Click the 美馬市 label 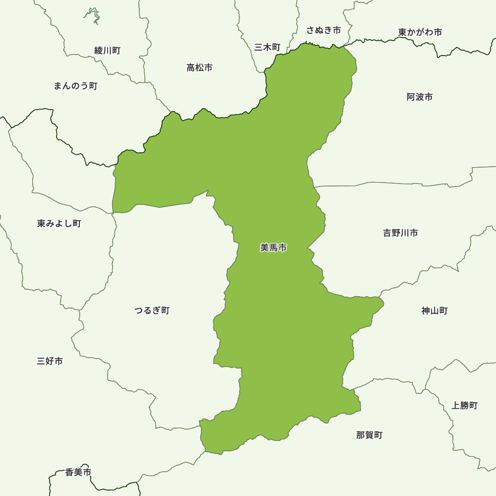(x=273, y=248)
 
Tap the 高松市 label (x=199, y=67)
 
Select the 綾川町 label (x=107, y=50)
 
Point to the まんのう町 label (x=75, y=86)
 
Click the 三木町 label (x=267, y=47)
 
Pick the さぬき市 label (x=323, y=30)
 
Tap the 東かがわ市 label (x=420, y=32)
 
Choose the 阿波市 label (x=420, y=97)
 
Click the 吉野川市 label (x=400, y=233)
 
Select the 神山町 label (x=434, y=310)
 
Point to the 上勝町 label (x=465, y=405)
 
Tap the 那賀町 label (x=370, y=435)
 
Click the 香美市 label (x=78, y=473)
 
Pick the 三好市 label (x=50, y=361)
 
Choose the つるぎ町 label (x=152, y=310)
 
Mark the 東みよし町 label (x=59, y=224)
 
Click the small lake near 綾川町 (x=93, y=16)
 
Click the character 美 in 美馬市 (x=264, y=248)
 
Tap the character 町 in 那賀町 (x=378, y=435)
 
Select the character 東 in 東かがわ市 (x=403, y=32)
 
